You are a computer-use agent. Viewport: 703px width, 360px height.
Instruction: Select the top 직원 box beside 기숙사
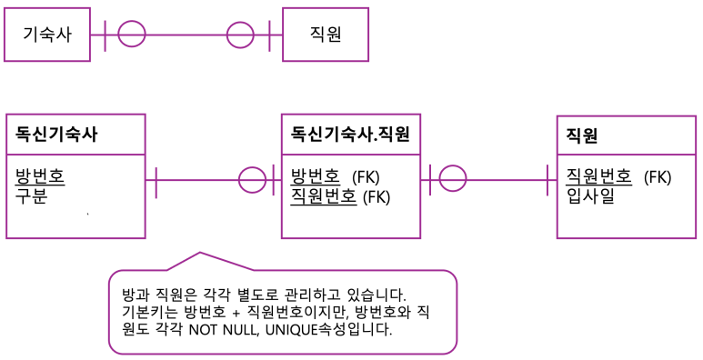[x=326, y=35]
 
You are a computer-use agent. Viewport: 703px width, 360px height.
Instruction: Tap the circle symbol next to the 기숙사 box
[x=132, y=35]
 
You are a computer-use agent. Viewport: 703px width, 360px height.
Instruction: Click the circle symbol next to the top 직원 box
[x=240, y=35]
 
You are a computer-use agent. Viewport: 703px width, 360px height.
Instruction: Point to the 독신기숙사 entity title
[x=56, y=135]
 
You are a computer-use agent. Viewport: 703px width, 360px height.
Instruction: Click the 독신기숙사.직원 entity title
[x=350, y=135]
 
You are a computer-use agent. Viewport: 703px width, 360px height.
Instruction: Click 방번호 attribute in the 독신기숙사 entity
[x=40, y=175]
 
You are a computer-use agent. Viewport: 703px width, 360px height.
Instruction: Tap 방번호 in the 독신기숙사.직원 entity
[x=315, y=175]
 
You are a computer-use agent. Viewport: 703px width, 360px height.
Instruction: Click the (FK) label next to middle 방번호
[x=366, y=176]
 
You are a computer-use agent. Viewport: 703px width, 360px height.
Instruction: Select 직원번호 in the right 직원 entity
[x=598, y=175]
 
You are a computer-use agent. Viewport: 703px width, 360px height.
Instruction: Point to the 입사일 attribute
[x=590, y=195]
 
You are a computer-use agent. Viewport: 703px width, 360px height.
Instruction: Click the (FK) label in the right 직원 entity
[x=657, y=176]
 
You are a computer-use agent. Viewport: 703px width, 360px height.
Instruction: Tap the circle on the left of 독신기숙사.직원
[x=252, y=179]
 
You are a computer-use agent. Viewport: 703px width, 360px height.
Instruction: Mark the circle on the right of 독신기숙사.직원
[x=452, y=179]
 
